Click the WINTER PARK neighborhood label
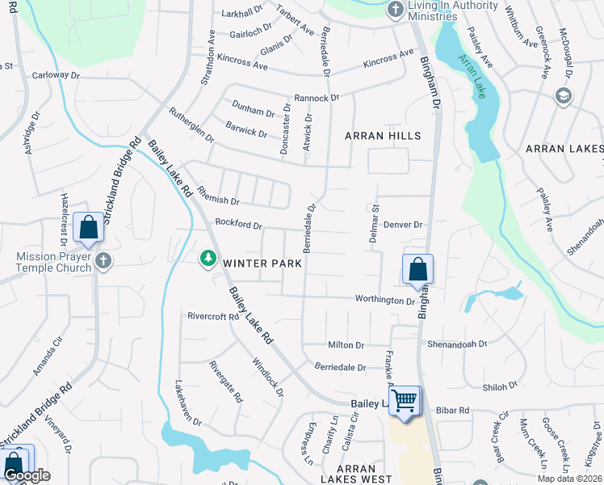click(262, 263)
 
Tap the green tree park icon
click(208, 258)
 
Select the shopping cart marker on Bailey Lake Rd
click(405, 399)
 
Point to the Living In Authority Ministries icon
click(395, 9)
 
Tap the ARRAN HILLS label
click(383, 136)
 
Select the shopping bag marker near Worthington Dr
click(417, 269)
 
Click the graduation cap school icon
click(563, 97)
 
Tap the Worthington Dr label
click(385, 300)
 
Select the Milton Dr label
click(348, 345)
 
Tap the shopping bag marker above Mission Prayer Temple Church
click(89, 227)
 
